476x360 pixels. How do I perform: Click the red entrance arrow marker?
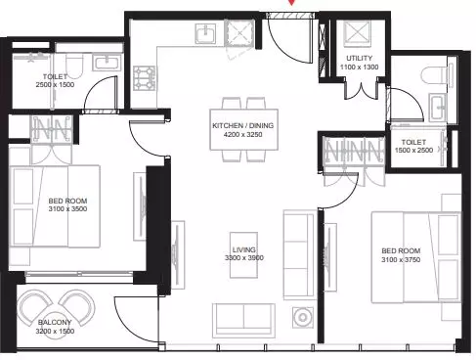[291, 2]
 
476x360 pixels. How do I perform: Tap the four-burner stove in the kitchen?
[145, 78]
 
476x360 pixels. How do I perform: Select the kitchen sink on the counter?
[205, 33]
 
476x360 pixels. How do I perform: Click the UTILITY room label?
[359, 58]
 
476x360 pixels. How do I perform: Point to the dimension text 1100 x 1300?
[360, 67]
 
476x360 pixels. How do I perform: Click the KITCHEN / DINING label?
[243, 125]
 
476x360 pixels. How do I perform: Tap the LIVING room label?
[243, 249]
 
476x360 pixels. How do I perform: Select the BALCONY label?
[55, 322]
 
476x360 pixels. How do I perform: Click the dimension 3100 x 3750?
[401, 260]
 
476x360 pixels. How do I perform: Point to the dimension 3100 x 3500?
[67, 209]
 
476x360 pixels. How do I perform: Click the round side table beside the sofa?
[303, 317]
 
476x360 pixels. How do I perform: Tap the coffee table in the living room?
[243, 255]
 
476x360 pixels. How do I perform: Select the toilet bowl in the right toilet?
[433, 75]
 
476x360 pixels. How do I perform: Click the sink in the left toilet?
[107, 62]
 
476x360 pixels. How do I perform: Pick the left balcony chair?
[35, 308]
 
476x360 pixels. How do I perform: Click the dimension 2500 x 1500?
[55, 85]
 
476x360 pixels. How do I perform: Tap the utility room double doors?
[361, 90]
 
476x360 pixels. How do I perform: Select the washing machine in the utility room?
[358, 33]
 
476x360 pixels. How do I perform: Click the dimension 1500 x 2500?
[413, 151]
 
